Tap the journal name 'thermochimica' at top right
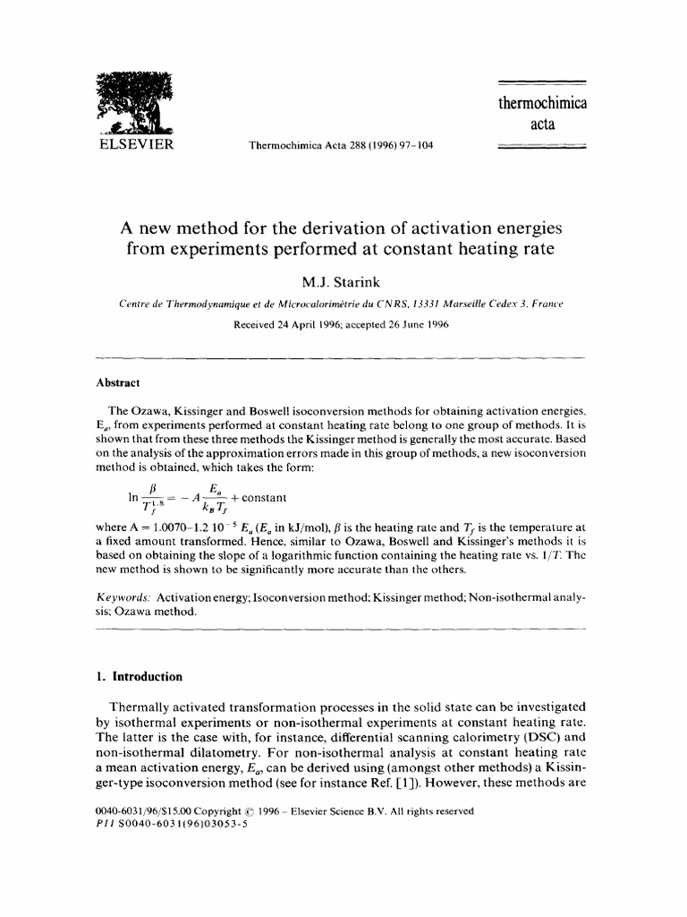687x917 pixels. coord(542,103)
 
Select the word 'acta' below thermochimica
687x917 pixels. coord(542,124)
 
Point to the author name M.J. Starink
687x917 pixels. coord(343,283)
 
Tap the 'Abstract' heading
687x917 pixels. coord(117,381)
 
